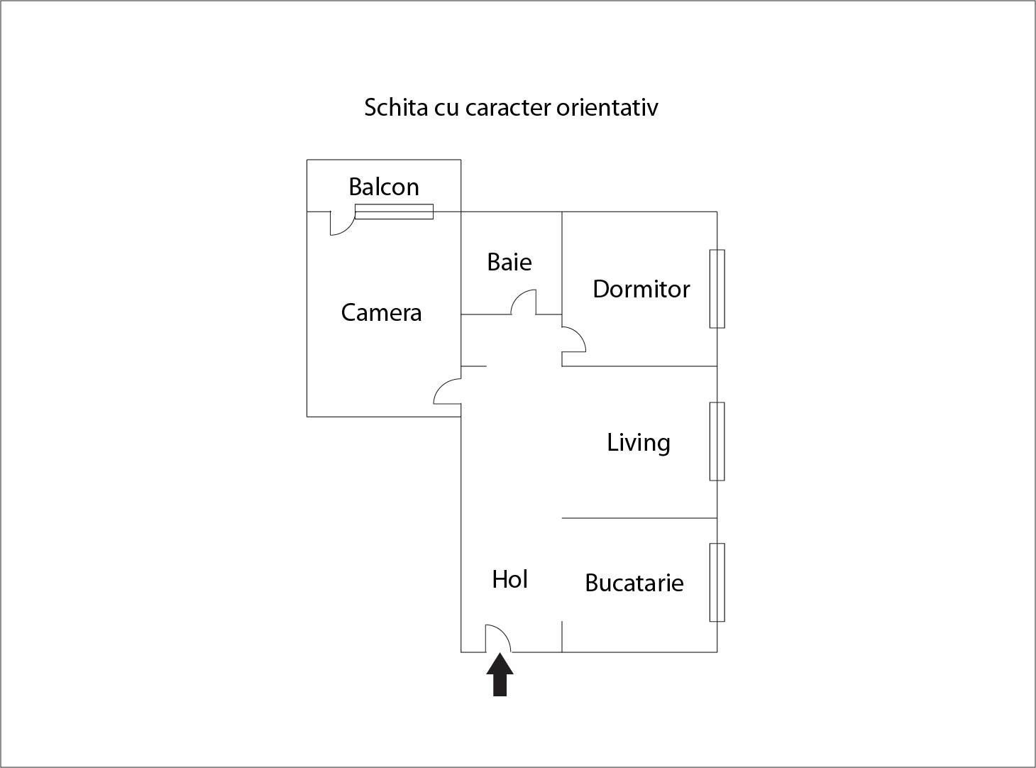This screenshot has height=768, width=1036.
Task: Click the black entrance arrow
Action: pyautogui.click(x=500, y=674)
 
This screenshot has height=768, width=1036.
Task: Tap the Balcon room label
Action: pyautogui.click(x=384, y=187)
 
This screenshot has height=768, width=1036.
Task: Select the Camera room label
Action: pyautogui.click(x=381, y=312)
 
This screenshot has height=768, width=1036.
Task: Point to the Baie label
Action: pyautogui.click(x=509, y=262)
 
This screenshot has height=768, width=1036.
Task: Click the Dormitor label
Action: pyautogui.click(x=641, y=289)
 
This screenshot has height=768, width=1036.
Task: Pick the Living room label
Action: pyautogui.click(x=639, y=443)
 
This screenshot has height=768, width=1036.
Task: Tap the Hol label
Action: pyautogui.click(x=510, y=580)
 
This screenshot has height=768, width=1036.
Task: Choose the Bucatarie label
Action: pyautogui.click(x=634, y=583)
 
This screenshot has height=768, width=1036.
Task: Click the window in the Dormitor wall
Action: pyautogui.click(x=717, y=289)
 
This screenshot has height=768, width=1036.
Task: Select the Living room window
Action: pyautogui.click(x=717, y=441)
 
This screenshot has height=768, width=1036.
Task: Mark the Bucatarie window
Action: pyautogui.click(x=717, y=583)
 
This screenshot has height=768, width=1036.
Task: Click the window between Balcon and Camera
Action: pyautogui.click(x=394, y=212)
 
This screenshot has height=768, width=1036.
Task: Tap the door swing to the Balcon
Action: pyautogui.click(x=342, y=223)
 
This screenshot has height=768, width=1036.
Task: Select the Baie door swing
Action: pyautogui.click(x=523, y=302)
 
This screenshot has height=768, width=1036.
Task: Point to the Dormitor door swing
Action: pyautogui.click(x=573, y=339)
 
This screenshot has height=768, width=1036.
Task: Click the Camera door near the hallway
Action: pyautogui.click(x=448, y=391)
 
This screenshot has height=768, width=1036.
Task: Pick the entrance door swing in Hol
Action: pyautogui.click(x=498, y=639)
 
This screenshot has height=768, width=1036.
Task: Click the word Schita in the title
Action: pyautogui.click(x=396, y=107)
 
